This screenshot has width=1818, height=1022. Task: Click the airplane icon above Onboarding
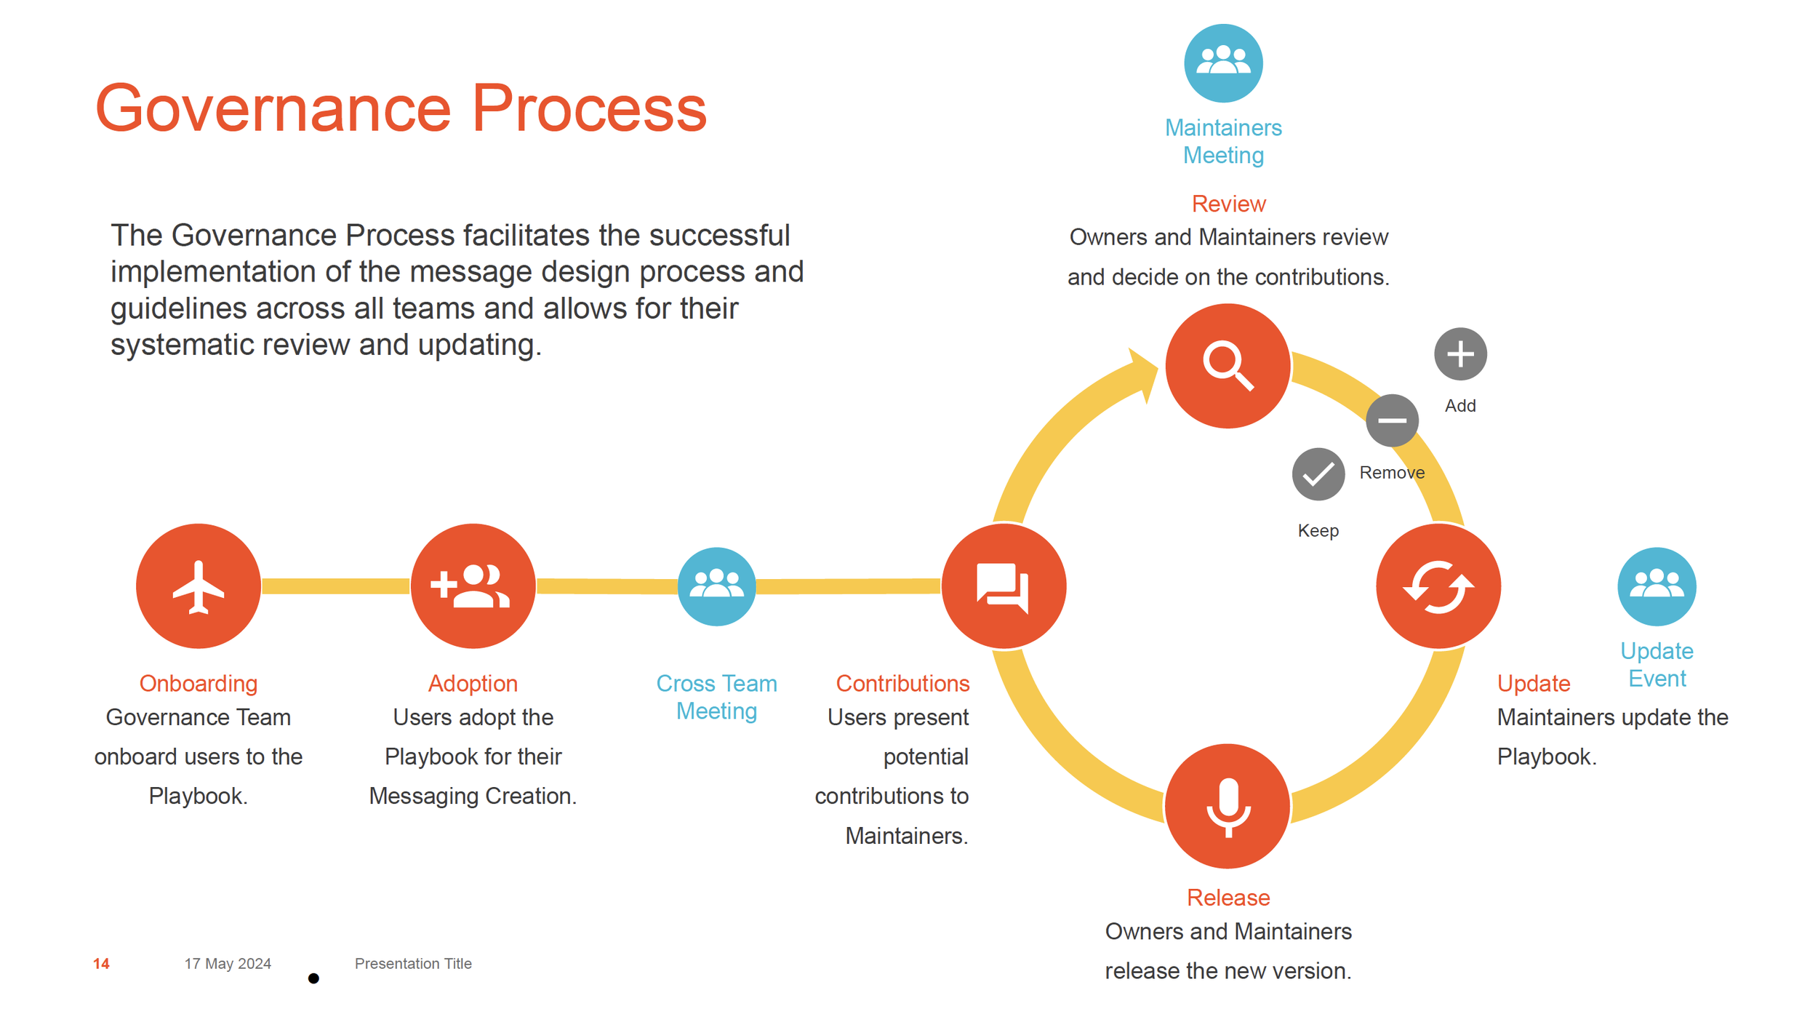[x=198, y=586]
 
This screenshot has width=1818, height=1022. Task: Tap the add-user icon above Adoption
[x=473, y=586]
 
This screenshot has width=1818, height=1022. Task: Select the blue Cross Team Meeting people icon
[x=716, y=586]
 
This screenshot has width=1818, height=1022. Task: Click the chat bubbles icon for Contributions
[x=1004, y=586]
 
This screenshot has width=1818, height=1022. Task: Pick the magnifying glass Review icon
[x=1228, y=365]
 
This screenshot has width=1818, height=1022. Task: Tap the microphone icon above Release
[x=1228, y=806]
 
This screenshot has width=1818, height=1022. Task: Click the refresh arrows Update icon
[x=1438, y=586]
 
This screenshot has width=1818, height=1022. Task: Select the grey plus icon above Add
[x=1460, y=354]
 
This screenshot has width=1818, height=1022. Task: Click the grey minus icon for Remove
[x=1392, y=420]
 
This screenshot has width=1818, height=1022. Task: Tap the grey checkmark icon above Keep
[x=1318, y=474]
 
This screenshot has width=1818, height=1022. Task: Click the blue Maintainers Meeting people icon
[x=1223, y=63]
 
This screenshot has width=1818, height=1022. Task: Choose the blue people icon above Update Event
[x=1657, y=586]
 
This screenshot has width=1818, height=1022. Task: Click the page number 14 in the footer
[x=101, y=963]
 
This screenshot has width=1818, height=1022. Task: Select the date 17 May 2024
[x=228, y=963]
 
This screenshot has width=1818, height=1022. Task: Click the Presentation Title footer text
[x=413, y=963]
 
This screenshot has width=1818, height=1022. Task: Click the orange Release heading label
[x=1228, y=897]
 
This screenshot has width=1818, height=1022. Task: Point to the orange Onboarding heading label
[x=198, y=683]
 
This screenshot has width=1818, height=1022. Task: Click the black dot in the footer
[x=313, y=978]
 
